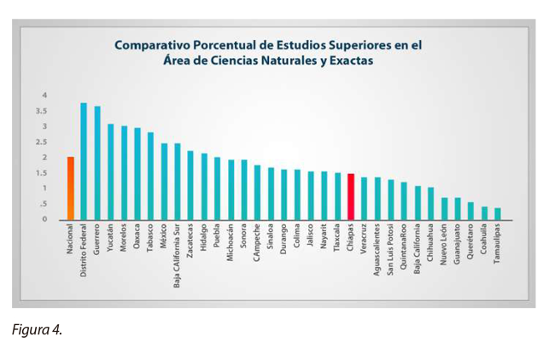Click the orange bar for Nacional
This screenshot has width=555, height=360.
70,189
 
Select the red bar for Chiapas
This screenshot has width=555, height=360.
351,196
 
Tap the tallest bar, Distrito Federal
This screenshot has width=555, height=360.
84,161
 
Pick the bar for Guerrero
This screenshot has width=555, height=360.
97,163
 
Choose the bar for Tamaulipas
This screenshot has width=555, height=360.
498,213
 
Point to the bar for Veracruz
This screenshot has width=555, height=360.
364,199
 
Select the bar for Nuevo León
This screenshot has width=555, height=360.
444,209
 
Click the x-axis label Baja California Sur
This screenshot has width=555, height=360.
178,255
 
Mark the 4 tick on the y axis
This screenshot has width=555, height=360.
45,96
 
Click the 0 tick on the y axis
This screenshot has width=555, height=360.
45,219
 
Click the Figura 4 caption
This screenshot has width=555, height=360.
38,329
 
